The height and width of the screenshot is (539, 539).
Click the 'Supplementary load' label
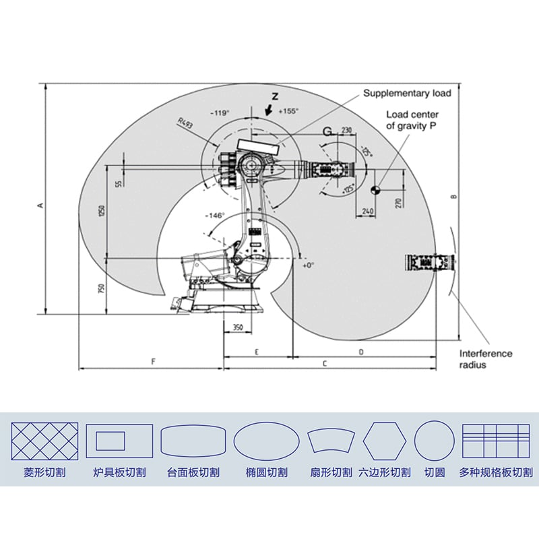[x=407, y=93]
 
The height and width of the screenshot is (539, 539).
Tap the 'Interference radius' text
[x=486, y=359]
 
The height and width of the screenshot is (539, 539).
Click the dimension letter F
[x=154, y=362]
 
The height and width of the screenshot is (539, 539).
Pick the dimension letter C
[x=325, y=363]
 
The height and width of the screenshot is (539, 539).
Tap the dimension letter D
[x=361, y=352]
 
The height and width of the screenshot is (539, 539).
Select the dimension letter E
[x=257, y=352]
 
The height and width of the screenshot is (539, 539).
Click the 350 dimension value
[x=237, y=327]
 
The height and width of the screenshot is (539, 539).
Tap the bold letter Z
[x=274, y=96]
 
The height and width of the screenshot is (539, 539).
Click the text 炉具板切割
[x=119, y=473]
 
